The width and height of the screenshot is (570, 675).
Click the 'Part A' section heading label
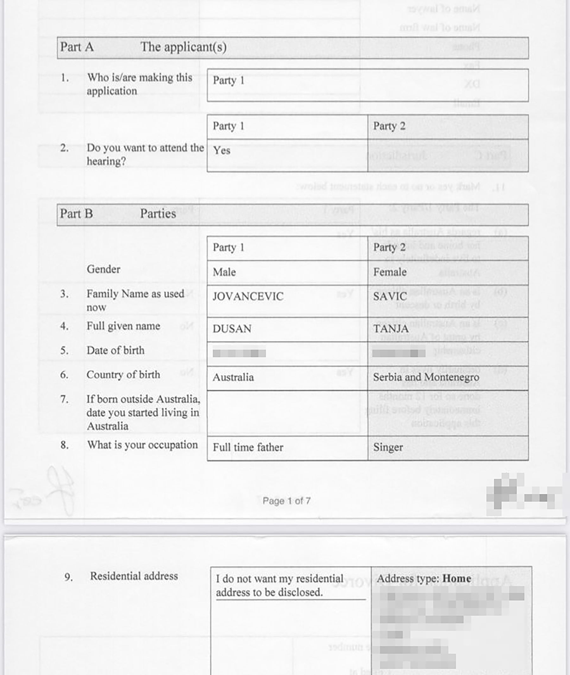pos(77,47)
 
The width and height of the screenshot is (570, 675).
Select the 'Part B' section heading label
pos(76,214)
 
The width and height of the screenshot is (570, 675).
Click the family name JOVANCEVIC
pos(248,296)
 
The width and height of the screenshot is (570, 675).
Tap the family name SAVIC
pos(390,296)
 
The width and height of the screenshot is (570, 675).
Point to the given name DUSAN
pos(232,329)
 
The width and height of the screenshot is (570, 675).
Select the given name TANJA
pos(391,329)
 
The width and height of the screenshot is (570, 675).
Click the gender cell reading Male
pos(224,272)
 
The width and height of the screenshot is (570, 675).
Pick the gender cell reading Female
pos(390,272)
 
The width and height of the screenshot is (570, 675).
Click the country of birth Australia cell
pos(233,377)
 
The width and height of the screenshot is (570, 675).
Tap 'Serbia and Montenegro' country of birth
pos(426,377)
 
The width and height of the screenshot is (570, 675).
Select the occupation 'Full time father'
pos(248,448)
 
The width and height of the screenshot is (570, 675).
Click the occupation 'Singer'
pos(388,448)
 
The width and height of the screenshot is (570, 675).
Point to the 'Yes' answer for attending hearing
pos(222,150)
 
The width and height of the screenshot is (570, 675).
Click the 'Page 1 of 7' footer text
pos(286,501)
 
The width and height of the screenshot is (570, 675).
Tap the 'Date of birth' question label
pos(115,350)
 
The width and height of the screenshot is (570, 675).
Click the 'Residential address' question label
pos(134,576)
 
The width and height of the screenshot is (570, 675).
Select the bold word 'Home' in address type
pos(457,578)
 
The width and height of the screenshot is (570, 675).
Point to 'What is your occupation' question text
pos(142,445)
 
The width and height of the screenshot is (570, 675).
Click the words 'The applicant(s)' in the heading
pos(183,47)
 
